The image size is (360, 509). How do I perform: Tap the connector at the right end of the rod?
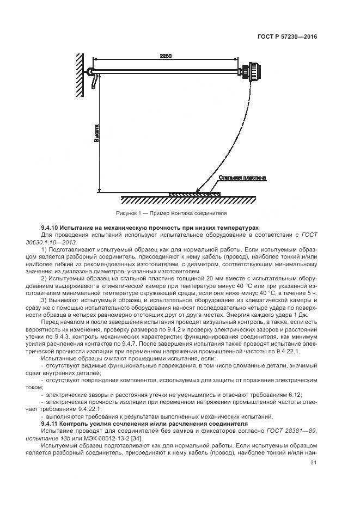click(x=253, y=72)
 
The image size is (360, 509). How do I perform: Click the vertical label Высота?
click(x=97, y=133)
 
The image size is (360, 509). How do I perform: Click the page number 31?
click(x=313, y=463)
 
